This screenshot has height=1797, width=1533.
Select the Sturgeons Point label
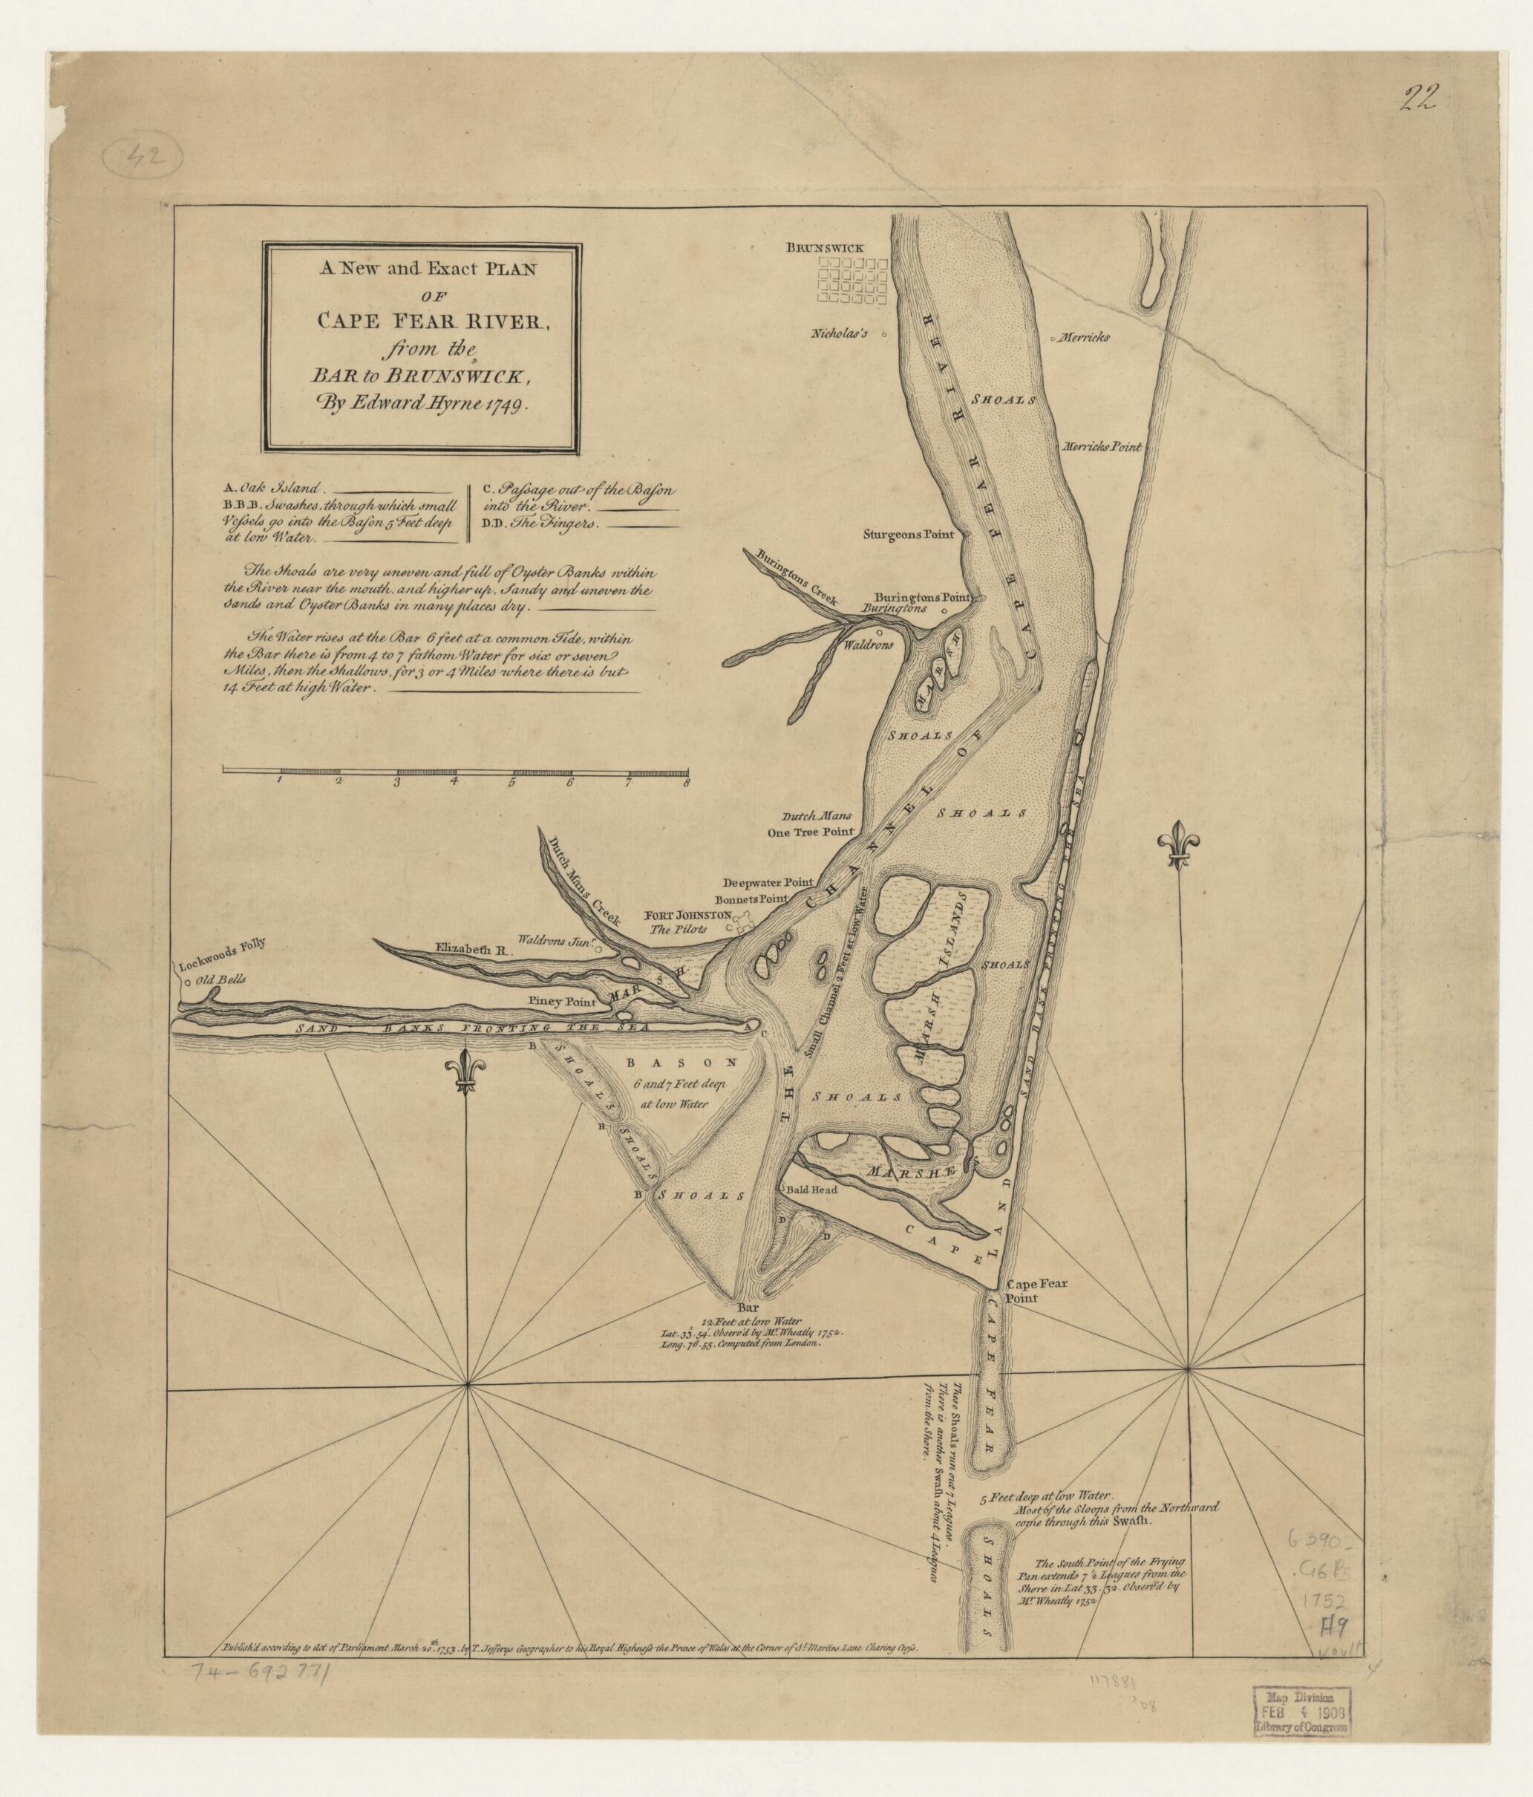[x=908, y=534]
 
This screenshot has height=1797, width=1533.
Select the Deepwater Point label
[x=769, y=881]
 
